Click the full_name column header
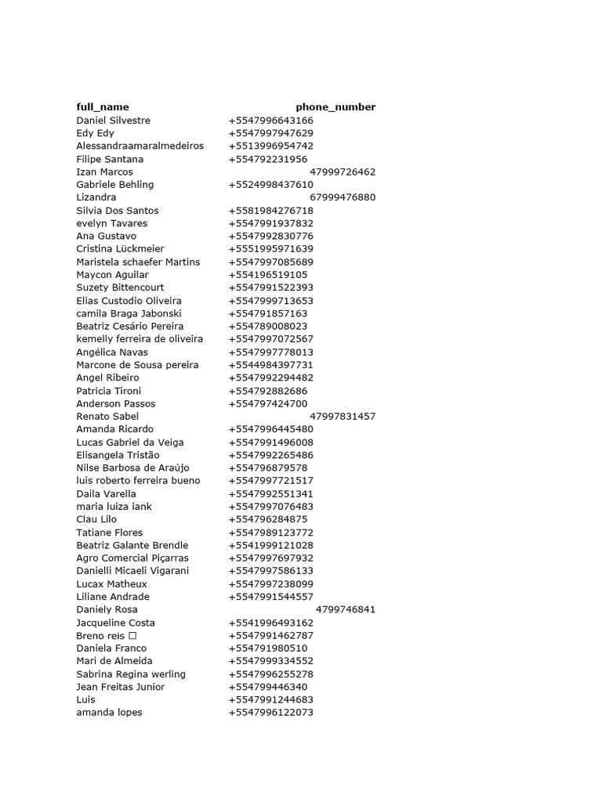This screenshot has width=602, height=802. click(103, 107)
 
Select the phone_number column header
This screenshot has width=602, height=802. click(335, 107)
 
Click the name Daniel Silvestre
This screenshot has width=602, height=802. click(114, 121)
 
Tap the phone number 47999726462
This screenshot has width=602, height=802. click(343, 172)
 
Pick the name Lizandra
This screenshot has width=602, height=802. click(96, 197)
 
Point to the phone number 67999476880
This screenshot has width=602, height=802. click(343, 197)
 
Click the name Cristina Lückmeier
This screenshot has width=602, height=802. click(121, 249)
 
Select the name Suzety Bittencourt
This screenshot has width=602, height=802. click(121, 287)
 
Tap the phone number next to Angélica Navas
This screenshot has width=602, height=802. click(271, 352)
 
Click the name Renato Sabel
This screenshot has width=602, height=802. click(107, 417)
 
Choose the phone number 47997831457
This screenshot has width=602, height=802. click(343, 417)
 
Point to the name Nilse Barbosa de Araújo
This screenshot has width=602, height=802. click(133, 468)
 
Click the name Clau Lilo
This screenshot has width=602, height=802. click(96, 519)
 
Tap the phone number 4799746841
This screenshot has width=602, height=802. click(346, 609)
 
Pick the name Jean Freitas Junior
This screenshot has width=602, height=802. click(121, 687)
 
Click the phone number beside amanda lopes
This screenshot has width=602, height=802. click(271, 713)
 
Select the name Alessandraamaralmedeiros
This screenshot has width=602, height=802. click(140, 146)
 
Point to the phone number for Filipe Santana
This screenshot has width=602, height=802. click(268, 159)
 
